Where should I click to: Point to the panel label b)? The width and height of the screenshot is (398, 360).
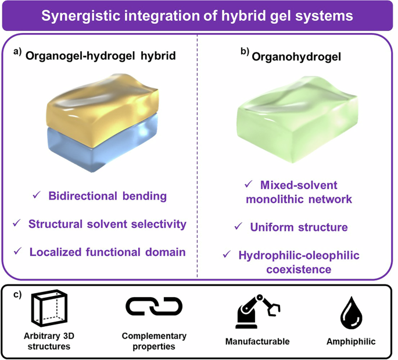pyautogui.click(x=245, y=52)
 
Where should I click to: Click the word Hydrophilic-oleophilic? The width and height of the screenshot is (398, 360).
pyautogui.click(x=300, y=255)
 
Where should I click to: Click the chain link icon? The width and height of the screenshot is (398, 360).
pyautogui.click(x=154, y=306)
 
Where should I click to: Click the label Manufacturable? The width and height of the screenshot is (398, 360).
pyautogui.click(x=257, y=341)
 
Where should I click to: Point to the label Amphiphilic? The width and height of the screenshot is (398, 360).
pyautogui.click(x=350, y=341)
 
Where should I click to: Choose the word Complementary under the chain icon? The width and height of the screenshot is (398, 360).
pyautogui.click(x=154, y=336)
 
